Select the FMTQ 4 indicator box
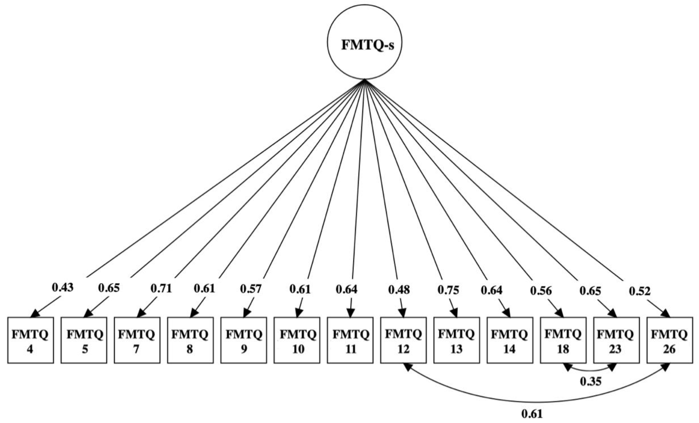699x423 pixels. pyautogui.click(x=30, y=340)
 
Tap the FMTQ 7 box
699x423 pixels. pyautogui.click(x=137, y=340)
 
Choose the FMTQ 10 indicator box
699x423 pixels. pyautogui.click(x=297, y=340)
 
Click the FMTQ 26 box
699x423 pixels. pyautogui.click(x=670, y=340)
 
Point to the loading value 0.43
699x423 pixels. pyautogui.click(x=63, y=287)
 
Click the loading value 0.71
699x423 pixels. pyautogui.click(x=161, y=289)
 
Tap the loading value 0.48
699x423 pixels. pyautogui.click(x=399, y=290)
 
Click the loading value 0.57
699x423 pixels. pyautogui.click(x=251, y=289)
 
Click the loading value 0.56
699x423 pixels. pyautogui.click(x=541, y=291)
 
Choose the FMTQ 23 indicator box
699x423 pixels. pyautogui.click(x=616, y=340)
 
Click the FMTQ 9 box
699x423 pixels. pyautogui.click(x=244, y=340)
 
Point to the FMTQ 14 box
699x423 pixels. pyautogui.click(x=510, y=340)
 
